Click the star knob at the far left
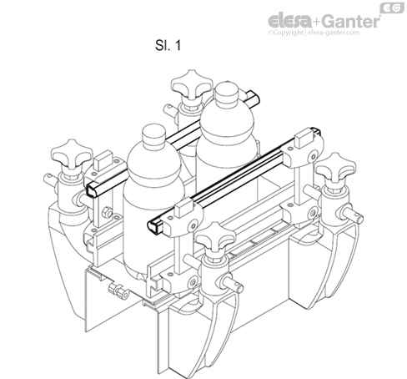click(x=70, y=155)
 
